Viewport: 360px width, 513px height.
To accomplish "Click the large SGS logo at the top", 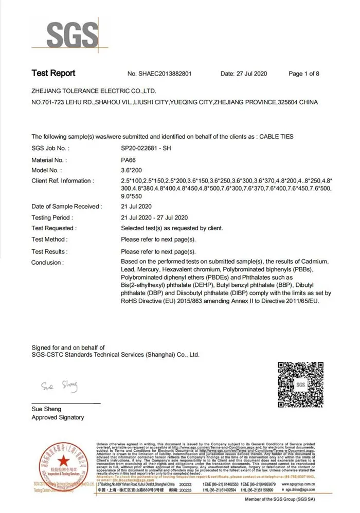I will click(x=73, y=35).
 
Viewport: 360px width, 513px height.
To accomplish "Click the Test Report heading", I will click(x=53, y=73).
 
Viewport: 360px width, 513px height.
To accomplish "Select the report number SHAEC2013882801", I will click(x=166, y=74).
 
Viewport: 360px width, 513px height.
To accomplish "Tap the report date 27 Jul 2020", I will click(x=252, y=74).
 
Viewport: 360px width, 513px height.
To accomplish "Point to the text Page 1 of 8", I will click(x=304, y=74).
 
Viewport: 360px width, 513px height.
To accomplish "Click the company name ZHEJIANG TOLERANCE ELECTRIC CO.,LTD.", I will click(x=94, y=90).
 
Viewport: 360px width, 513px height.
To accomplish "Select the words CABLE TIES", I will click(x=276, y=136).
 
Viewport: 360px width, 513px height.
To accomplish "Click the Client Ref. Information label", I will click(x=62, y=181).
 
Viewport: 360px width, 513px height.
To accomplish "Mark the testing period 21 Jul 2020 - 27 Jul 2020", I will click(x=154, y=217).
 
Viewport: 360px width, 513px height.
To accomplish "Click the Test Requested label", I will click(x=53, y=228).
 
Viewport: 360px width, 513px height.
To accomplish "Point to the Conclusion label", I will click(x=47, y=262).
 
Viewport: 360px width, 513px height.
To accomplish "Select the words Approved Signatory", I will click(x=58, y=417).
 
